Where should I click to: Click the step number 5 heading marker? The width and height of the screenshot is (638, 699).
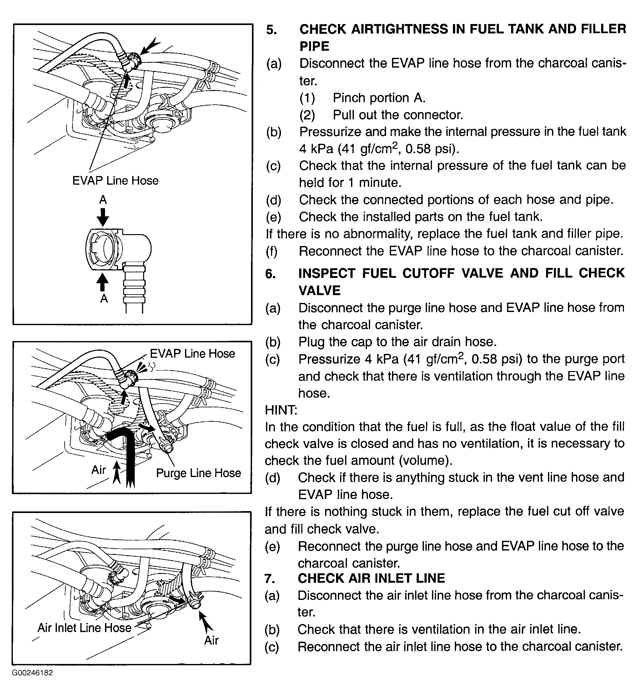click(x=271, y=30)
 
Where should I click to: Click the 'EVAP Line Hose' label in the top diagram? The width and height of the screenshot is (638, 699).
click(x=115, y=181)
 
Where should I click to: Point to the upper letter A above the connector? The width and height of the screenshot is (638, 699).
click(x=103, y=200)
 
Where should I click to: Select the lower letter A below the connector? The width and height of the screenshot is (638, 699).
click(x=104, y=298)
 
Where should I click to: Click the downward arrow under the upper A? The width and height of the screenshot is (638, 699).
click(x=103, y=217)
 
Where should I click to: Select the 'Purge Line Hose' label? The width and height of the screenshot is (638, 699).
click(x=198, y=473)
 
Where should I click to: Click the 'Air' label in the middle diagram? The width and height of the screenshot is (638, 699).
click(x=98, y=470)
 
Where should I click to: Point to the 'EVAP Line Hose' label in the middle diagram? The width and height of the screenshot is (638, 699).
click(x=192, y=354)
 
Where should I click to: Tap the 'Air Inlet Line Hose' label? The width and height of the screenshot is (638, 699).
click(x=84, y=628)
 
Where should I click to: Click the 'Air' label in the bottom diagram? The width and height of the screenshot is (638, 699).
click(x=211, y=640)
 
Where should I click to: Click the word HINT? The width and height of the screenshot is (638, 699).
click(x=280, y=410)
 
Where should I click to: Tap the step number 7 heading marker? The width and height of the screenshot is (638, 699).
click(x=270, y=578)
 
